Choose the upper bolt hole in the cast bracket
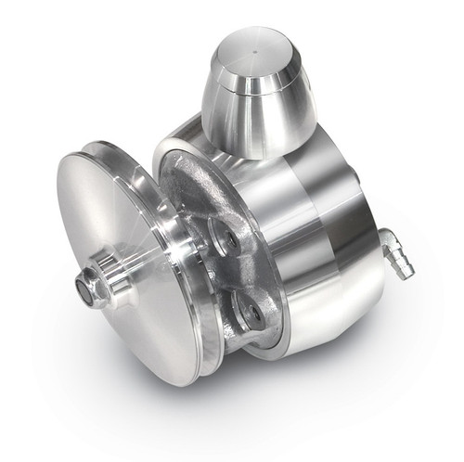tap(224, 240)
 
